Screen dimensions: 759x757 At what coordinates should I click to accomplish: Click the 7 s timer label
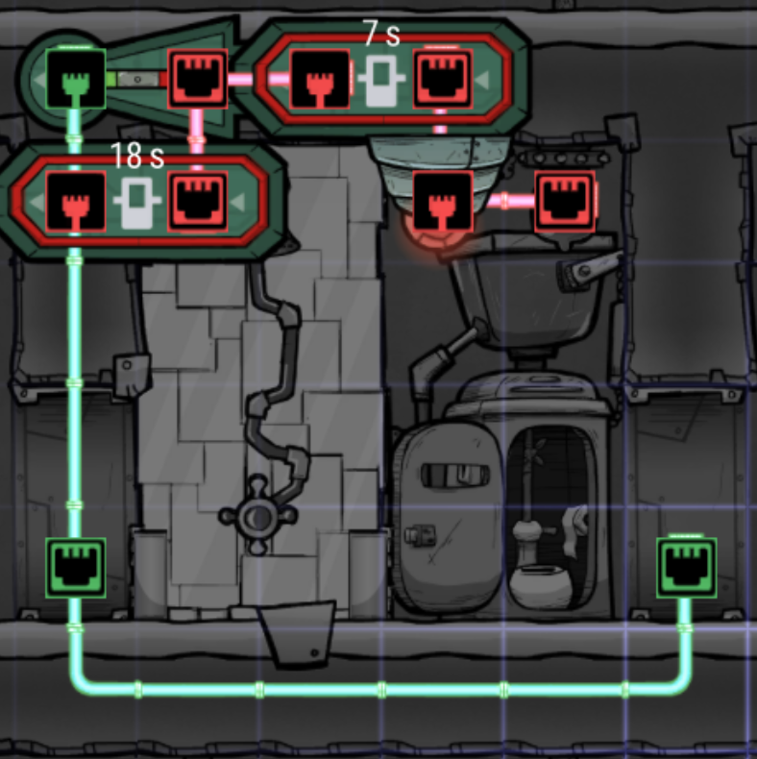coord(381,34)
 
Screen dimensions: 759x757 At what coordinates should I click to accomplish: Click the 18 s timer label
coord(136,156)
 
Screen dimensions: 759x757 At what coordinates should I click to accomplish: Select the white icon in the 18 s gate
coord(136,202)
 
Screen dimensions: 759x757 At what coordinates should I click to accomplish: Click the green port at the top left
coord(76,79)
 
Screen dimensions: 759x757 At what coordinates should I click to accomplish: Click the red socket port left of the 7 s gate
coord(198,79)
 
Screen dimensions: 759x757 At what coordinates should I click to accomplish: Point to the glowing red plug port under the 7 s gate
coord(442,203)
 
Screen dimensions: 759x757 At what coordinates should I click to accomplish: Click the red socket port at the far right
coord(564,202)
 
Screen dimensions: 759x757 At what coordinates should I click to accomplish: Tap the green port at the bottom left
coord(76,568)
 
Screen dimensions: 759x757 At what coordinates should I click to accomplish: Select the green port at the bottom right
coord(686,568)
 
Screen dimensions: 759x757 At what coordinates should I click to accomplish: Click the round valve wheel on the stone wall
coord(256,519)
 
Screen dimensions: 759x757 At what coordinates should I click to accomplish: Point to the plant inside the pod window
coord(533,500)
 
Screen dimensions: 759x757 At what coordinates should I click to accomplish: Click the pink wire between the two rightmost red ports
coord(503,202)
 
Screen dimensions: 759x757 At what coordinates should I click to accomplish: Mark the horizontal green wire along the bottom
coord(384,689)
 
